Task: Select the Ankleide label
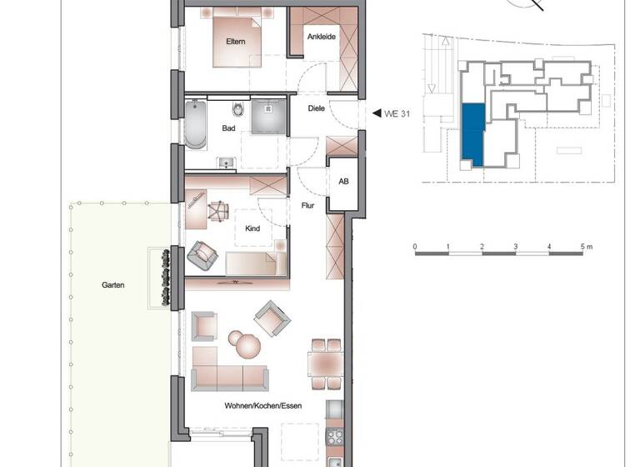pyautogui.click(x=322, y=37)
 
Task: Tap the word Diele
pyautogui.click(x=316, y=108)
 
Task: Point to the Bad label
pyautogui.click(x=227, y=129)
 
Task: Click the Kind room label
pyautogui.click(x=252, y=228)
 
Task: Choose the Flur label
pyautogui.click(x=307, y=203)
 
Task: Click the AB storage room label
pyautogui.click(x=342, y=182)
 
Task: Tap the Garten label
pyautogui.click(x=113, y=285)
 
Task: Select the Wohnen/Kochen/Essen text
pyautogui.click(x=262, y=406)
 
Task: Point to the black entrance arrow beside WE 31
pyautogui.click(x=376, y=113)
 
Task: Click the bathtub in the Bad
pyautogui.click(x=196, y=125)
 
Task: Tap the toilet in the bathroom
pyautogui.click(x=238, y=111)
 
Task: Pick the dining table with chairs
pyautogui.click(x=325, y=364)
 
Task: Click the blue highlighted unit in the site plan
pyautogui.click(x=472, y=134)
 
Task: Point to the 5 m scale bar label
pyautogui.click(x=586, y=248)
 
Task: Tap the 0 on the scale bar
pyautogui.click(x=415, y=248)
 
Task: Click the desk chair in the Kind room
pyautogui.click(x=218, y=212)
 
